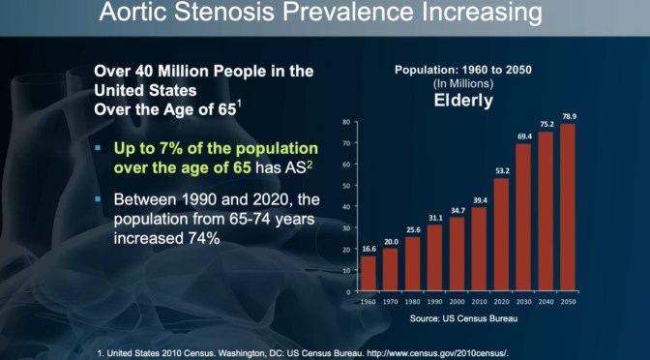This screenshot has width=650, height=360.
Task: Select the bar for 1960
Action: pyautogui.click(x=369, y=273)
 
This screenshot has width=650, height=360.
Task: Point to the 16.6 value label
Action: pyautogui.click(x=369, y=249)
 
